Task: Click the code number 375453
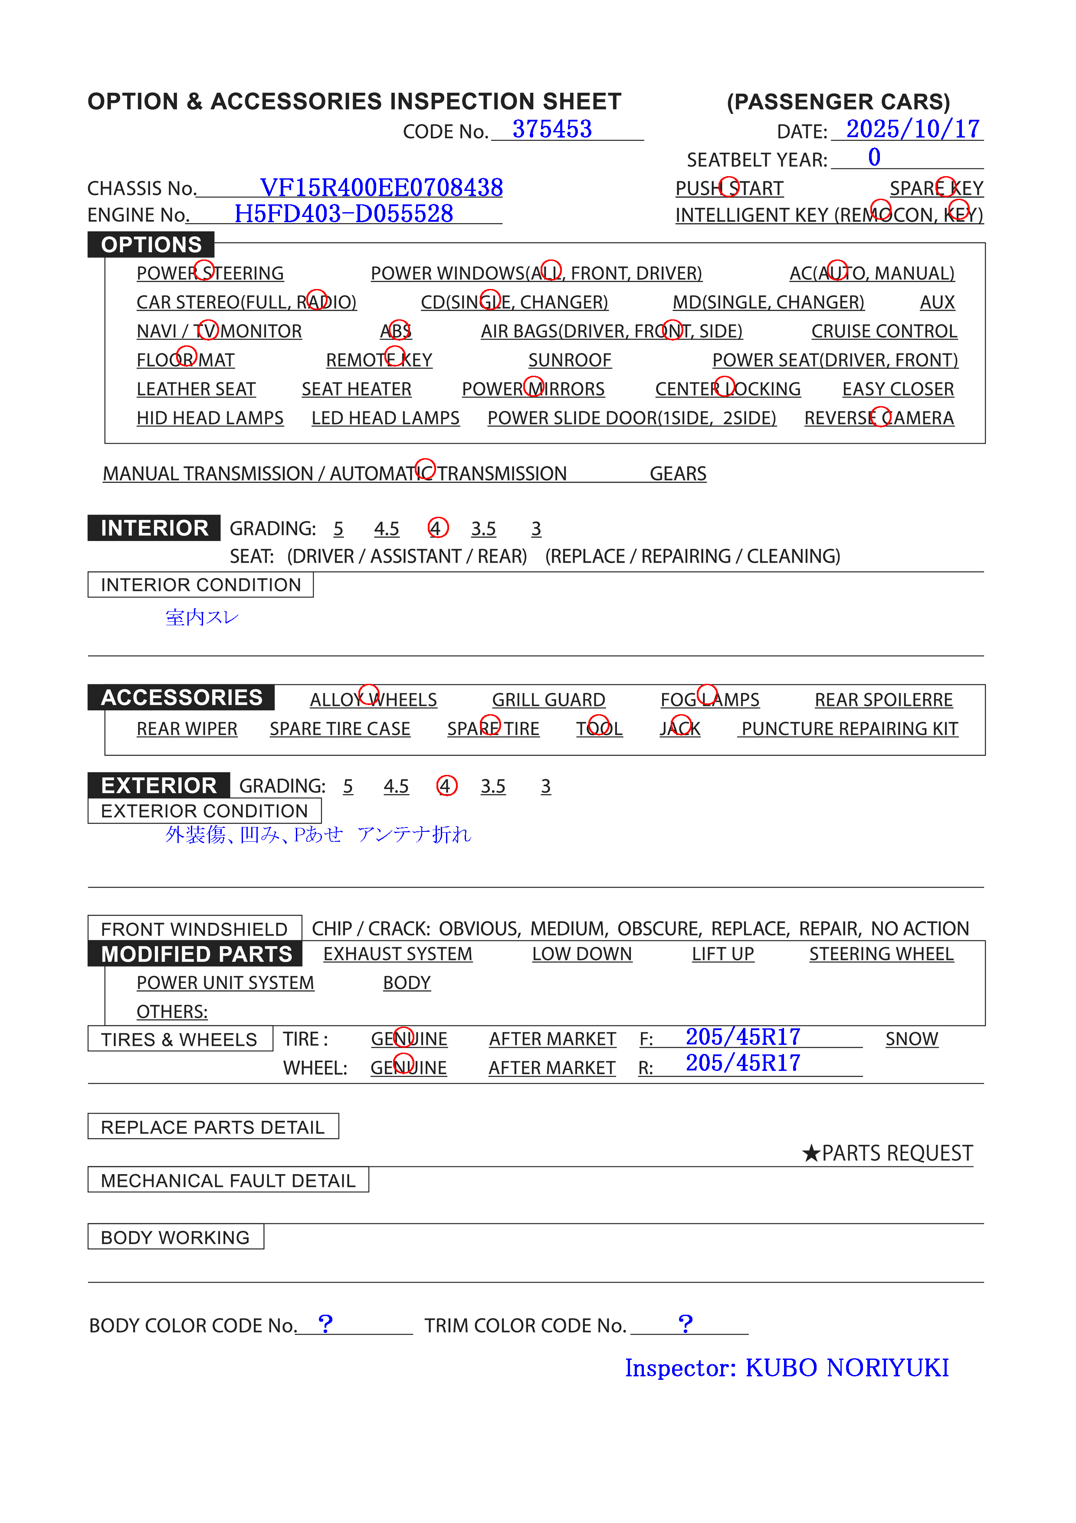[551, 129]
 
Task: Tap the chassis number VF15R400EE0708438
[381, 188]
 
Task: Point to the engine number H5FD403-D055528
[344, 213]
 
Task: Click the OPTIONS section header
[151, 245]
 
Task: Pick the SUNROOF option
[569, 360]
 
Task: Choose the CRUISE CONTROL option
[884, 331]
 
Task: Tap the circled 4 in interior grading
[438, 528]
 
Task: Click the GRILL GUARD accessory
[548, 700]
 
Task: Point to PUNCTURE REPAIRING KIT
[849, 729]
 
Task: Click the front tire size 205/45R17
[742, 1037]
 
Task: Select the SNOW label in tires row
[912, 1039]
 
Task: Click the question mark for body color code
[325, 1323]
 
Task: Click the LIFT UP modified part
[722, 954]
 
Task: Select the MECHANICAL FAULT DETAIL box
[228, 1181]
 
